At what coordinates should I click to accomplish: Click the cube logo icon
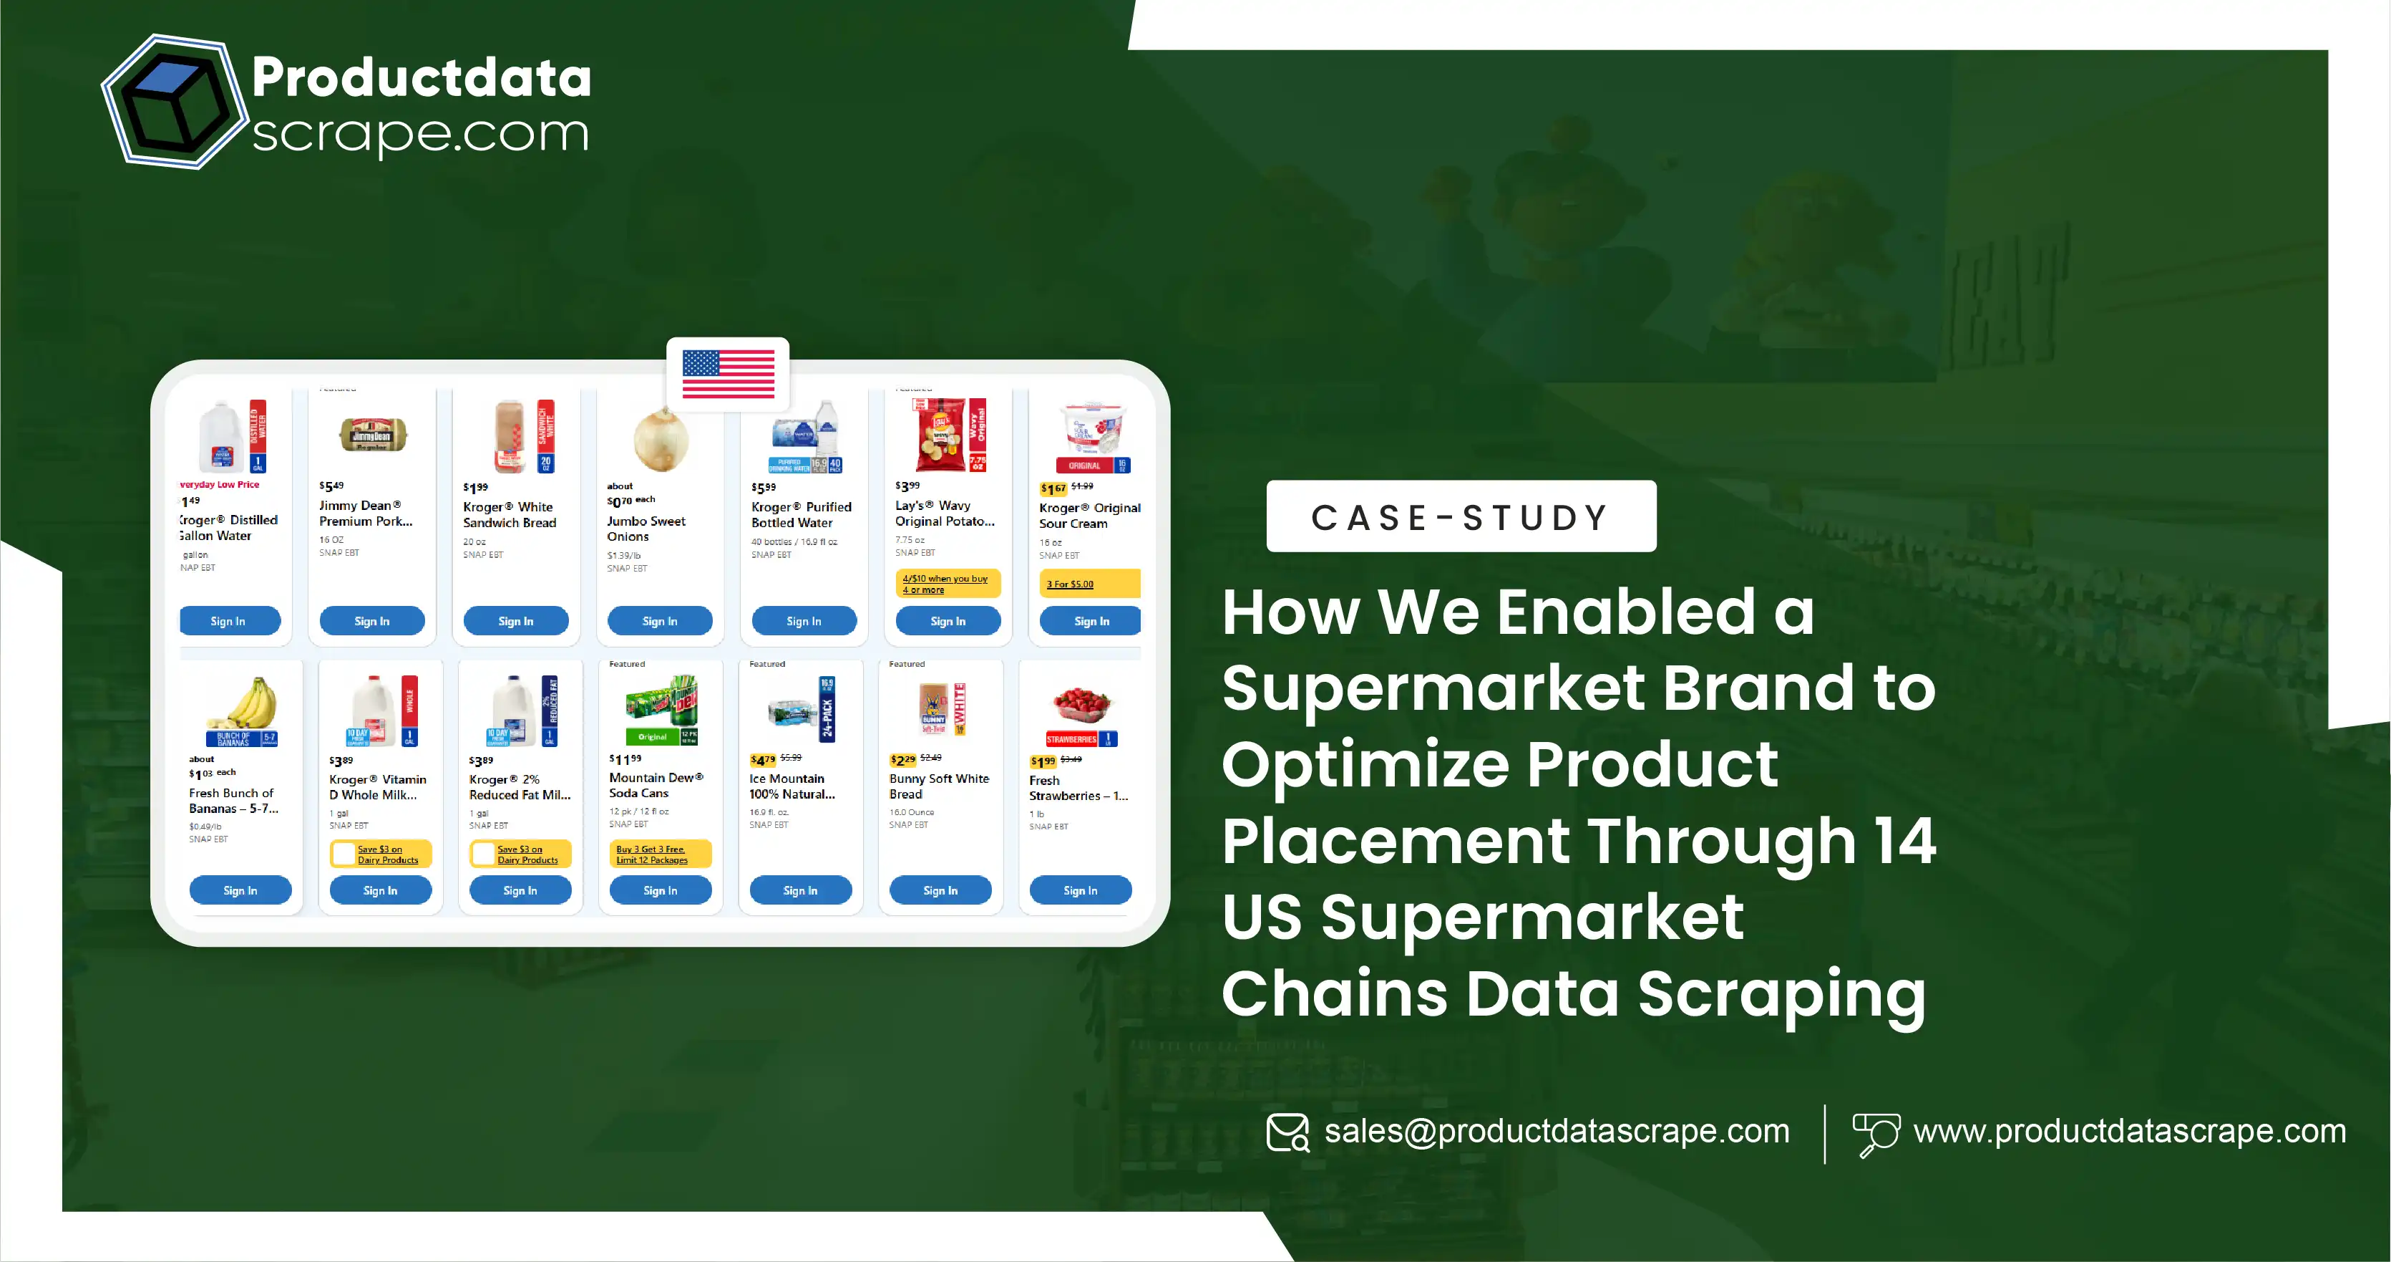click(172, 102)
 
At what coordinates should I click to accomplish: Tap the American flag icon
click(728, 375)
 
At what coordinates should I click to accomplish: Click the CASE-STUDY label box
click(1461, 516)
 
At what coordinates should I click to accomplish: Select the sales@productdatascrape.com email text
click(1557, 1131)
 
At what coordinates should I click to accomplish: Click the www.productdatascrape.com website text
click(2129, 1131)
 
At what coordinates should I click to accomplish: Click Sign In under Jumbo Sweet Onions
click(660, 621)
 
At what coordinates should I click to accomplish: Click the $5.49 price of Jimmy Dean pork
click(331, 486)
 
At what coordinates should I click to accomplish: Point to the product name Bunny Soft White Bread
click(938, 786)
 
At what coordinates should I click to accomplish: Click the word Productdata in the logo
click(422, 77)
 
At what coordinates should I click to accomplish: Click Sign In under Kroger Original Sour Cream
click(1091, 621)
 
